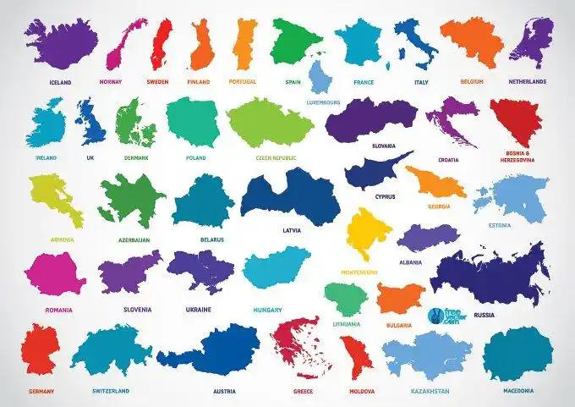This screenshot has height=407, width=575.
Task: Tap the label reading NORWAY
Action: (111, 82)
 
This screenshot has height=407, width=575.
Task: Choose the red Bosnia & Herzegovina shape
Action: (516, 123)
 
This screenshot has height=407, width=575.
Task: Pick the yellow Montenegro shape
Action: (368, 234)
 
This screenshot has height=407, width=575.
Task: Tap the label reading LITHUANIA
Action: (347, 323)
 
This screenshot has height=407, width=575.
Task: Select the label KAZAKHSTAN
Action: (430, 391)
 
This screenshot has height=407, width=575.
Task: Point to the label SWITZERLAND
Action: (111, 391)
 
